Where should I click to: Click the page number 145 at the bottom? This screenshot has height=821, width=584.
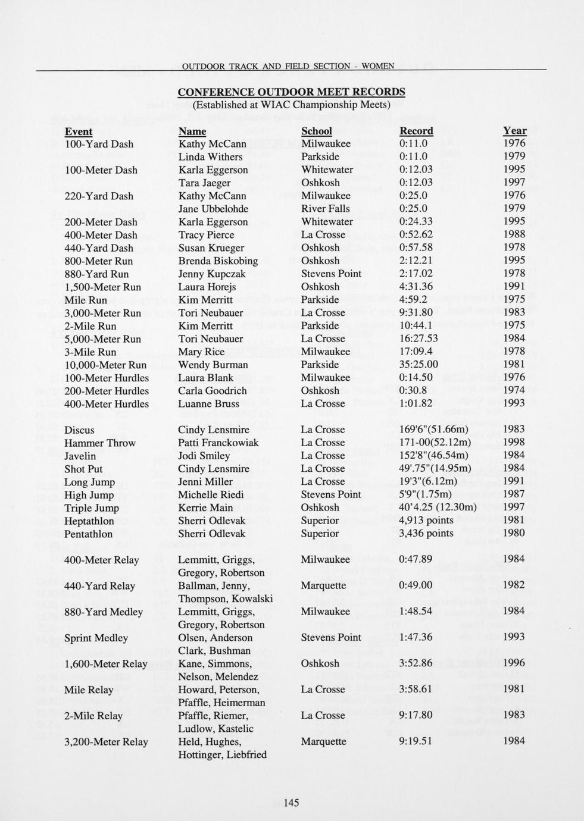click(291, 803)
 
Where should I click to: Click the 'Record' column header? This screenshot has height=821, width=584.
click(416, 131)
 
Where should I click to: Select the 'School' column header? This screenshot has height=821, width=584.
click(316, 131)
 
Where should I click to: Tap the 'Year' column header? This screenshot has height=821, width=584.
click(514, 131)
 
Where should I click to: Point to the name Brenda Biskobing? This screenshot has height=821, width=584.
click(218, 261)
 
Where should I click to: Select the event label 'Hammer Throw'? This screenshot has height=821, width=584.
click(99, 443)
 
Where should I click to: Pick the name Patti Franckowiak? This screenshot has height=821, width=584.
click(218, 443)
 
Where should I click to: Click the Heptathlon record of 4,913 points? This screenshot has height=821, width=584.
click(426, 521)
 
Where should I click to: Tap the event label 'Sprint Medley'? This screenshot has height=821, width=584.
click(96, 638)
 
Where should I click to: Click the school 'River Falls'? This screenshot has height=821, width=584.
click(325, 209)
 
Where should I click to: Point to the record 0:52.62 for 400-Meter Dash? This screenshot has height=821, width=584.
click(416, 235)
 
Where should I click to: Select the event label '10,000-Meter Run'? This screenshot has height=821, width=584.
click(105, 365)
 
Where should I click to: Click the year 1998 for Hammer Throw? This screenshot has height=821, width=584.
click(514, 443)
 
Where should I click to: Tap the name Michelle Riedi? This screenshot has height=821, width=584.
click(211, 494)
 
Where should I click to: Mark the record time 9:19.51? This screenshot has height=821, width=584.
click(415, 741)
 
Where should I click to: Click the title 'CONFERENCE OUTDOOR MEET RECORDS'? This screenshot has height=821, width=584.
click(292, 92)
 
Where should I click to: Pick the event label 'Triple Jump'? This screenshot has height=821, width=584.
click(91, 507)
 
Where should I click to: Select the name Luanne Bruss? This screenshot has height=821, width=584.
click(208, 403)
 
